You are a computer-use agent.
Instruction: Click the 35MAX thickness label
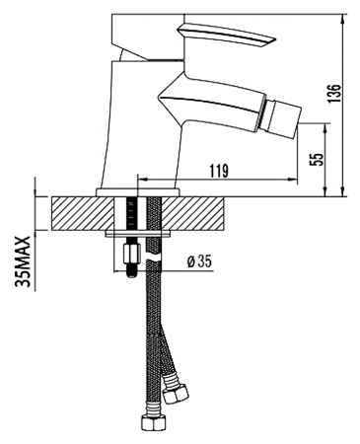(x=23, y=259)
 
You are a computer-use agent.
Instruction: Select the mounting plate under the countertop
(x=139, y=235)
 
